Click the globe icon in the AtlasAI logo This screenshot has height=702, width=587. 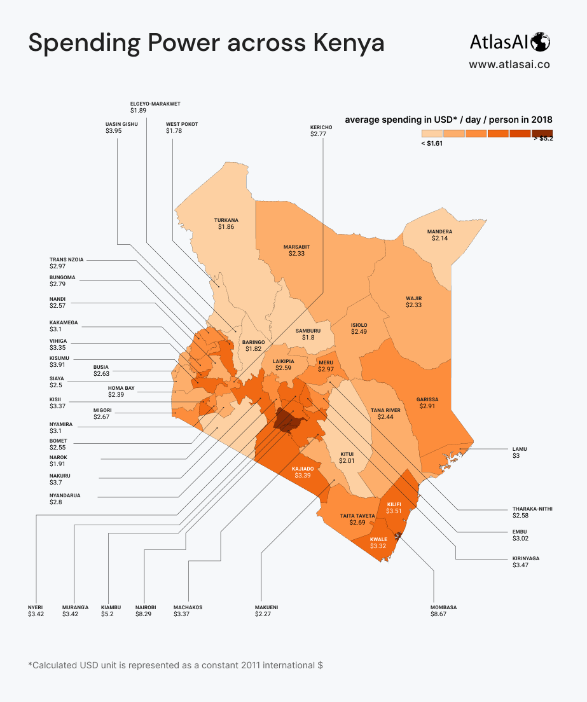(541, 42)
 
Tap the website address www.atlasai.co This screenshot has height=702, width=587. (509, 64)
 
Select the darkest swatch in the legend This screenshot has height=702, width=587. (541, 133)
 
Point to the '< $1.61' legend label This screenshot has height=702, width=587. (431, 144)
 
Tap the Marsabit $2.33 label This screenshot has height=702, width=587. (296, 250)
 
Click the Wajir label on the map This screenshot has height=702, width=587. (414, 302)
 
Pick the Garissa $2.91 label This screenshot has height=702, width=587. (427, 403)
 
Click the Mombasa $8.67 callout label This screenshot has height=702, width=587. (443, 611)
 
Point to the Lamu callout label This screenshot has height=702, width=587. (520, 452)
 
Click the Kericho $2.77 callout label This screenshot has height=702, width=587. (321, 130)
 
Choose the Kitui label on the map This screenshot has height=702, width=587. (347, 457)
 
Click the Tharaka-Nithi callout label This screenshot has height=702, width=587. (532, 513)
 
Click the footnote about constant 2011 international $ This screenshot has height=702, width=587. (176, 665)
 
